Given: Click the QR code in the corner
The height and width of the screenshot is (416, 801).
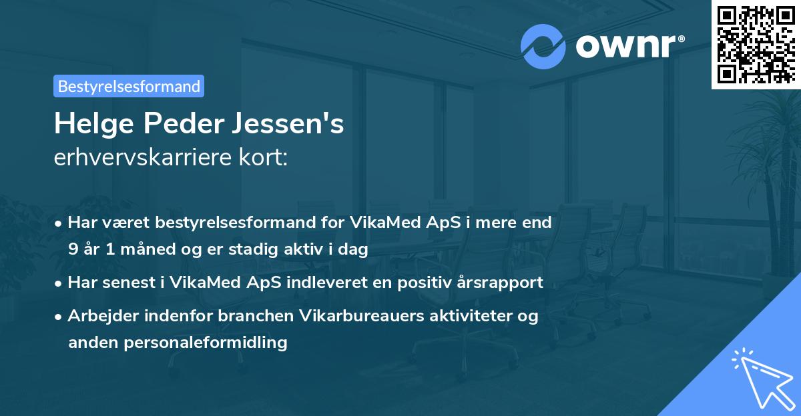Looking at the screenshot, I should point(756,44).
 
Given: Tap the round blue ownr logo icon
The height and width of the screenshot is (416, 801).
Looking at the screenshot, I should point(543,47).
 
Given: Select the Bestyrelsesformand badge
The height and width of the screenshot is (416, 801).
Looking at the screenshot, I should point(129,86).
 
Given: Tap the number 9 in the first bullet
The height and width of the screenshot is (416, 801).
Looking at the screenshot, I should point(72,249).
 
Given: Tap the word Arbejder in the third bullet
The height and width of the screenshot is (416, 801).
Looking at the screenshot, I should point(99,316).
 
